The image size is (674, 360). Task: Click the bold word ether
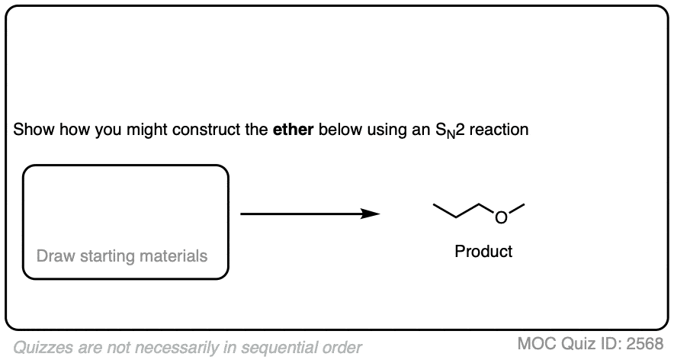coord(293,129)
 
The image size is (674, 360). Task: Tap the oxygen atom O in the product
coord(501,217)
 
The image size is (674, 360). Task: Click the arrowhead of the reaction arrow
coord(370,214)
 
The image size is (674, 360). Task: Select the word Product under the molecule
coord(483,251)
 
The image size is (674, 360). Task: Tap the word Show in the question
coord(34,129)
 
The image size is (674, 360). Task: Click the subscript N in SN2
coord(451,134)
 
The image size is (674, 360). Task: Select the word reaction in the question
coord(499,129)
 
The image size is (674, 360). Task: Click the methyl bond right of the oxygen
coord(516,208)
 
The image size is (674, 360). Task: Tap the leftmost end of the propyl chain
coord(433,204)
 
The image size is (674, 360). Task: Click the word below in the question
coord(341,129)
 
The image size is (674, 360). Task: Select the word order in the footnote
coord(342,347)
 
